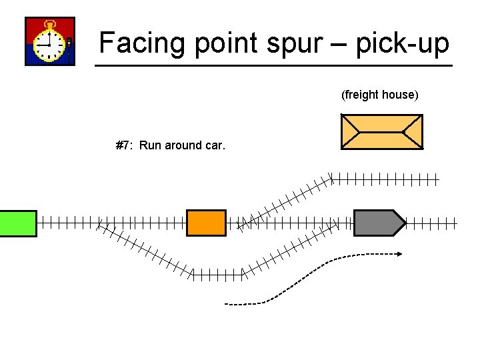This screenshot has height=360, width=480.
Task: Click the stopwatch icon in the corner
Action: pyautogui.click(x=50, y=41)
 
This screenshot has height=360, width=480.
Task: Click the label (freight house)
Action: pyautogui.click(x=380, y=95)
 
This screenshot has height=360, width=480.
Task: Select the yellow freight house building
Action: pyautogui.click(x=381, y=131)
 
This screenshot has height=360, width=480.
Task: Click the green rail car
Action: pyautogui.click(x=18, y=223)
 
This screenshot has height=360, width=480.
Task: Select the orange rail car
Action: pyautogui.click(x=206, y=223)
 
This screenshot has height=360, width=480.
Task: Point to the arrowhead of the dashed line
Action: pyautogui.click(x=399, y=253)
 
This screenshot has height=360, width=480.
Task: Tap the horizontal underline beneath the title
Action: pyautogui.click(x=273, y=65)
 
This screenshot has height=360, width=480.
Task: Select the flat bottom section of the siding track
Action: pyautogui.click(x=217, y=273)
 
